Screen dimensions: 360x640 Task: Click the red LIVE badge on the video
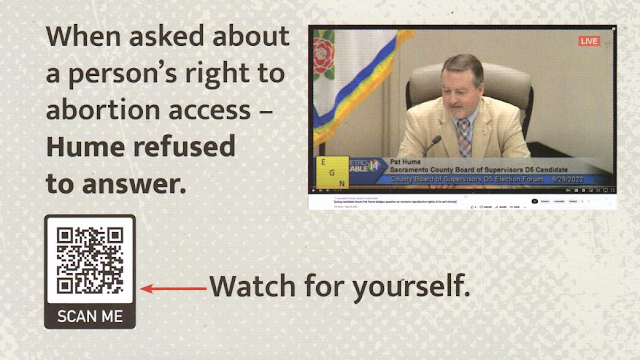[589, 41]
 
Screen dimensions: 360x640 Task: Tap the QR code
[90, 260]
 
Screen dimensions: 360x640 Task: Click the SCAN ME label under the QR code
[90, 316]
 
